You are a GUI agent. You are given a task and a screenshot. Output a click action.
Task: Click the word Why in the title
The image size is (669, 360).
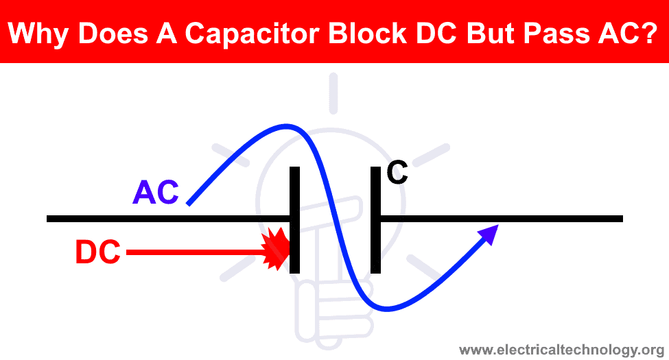click(x=38, y=34)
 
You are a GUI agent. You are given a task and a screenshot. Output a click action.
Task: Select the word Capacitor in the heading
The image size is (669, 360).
click(x=252, y=33)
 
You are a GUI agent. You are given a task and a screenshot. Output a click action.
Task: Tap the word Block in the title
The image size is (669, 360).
click(x=368, y=33)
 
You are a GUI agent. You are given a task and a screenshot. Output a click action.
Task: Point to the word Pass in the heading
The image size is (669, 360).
click(x=556, y=33)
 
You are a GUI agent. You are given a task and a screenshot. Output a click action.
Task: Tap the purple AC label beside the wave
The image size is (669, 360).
click(x=156, y=193)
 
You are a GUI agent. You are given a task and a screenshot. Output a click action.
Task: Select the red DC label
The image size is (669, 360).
click(x=97, y=252)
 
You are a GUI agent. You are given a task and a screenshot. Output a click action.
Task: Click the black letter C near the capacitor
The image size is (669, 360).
click(x=397, y=172)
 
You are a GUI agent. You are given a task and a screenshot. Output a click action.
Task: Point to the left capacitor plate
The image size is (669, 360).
click(x=294, y=220)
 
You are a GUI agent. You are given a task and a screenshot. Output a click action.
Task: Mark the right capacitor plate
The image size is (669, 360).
click(x=375, y=220)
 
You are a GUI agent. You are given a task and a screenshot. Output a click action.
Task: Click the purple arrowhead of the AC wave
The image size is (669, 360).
click(x=489, y=234)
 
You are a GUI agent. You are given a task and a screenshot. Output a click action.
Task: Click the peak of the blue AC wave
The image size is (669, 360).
click(x=286, y=126)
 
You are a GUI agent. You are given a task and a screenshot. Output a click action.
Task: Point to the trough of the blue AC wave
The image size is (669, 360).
click(x=386, y=309)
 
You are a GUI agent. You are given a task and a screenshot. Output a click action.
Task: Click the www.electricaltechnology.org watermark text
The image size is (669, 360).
click(x=561, y=350)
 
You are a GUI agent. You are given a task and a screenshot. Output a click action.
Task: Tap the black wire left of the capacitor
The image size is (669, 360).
click(x=168, y=219)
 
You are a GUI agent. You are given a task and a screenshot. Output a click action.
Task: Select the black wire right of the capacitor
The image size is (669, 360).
click(x=502, y=219)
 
